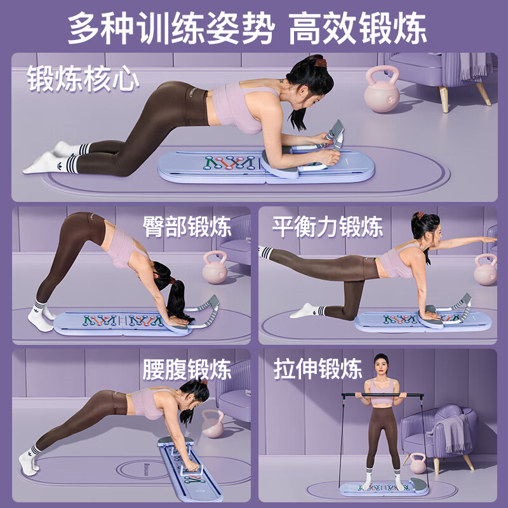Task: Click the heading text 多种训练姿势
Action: pyautogui.click(x=171, y=28)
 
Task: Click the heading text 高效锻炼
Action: pyautogui.click(x=358, y=28)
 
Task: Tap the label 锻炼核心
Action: pyautogui.click(x=83, y=81)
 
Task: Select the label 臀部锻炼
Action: pyautogui.click(x=187, y=226)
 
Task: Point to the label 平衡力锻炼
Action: pyautogui.click(x=328, y=226)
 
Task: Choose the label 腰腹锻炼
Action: pyautogui.click(x=187, y=369)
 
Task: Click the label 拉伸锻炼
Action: pyautogui.click(x=318, y=369)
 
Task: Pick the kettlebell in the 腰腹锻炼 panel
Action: pyautogui.click(x=213, y=425)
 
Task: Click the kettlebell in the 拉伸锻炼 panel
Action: pyautogui.click(x=418, y=464)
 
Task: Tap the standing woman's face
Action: pyautogui.click(x=381, y=369)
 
